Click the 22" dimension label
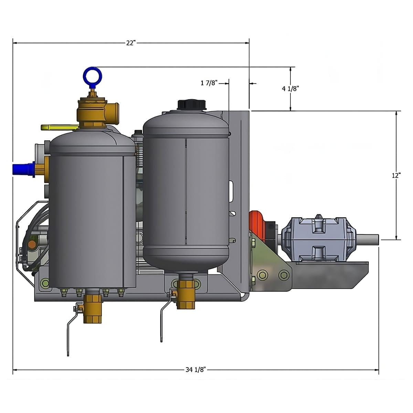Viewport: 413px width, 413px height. point(131,43)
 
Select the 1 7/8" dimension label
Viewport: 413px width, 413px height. point(209,83)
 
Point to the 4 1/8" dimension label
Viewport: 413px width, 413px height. point(290,88)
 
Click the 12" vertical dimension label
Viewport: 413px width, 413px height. point(396,175)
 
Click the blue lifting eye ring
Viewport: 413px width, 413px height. point(92,76)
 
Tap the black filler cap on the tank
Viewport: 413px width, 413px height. point(192,105)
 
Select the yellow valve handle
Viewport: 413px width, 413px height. point(60,127)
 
